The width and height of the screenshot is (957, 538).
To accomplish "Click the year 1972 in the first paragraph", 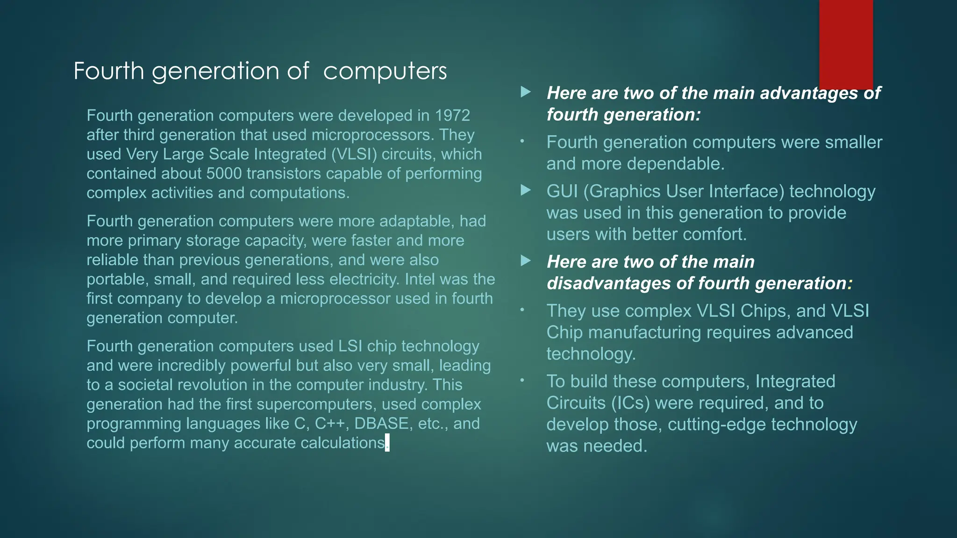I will click(x=452, y=115).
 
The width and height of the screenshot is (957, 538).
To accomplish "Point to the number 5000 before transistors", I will click(x=224, y=174).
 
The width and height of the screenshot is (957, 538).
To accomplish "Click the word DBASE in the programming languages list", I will click(x=381, y=424).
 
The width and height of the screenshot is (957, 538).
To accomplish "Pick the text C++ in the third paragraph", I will click(x=330, y=424).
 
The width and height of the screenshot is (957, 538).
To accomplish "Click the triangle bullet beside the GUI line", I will click(x=526, y=190).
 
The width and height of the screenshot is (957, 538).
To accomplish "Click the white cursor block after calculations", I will click(x=387, y=443).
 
